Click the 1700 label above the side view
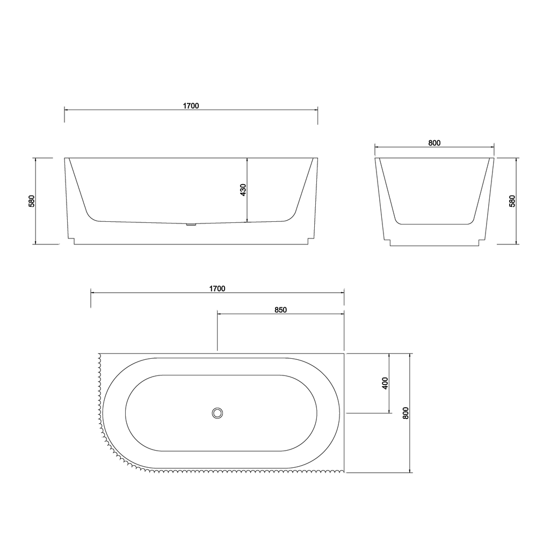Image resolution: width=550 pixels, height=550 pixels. [191, 106]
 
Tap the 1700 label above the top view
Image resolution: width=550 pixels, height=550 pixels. [217, 288]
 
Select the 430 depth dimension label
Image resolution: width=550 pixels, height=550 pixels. [243, 190]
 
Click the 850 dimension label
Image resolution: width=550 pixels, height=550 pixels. [280, 310]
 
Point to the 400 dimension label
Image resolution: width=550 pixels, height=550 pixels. [385, 383]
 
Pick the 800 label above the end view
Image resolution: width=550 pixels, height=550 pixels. [434, 143]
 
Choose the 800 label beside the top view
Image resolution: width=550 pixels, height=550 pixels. [406, 413]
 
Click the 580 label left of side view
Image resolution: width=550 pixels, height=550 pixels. [32, 201]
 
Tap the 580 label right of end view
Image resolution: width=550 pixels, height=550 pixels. [512, 201]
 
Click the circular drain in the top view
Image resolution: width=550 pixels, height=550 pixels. [218, 413]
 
